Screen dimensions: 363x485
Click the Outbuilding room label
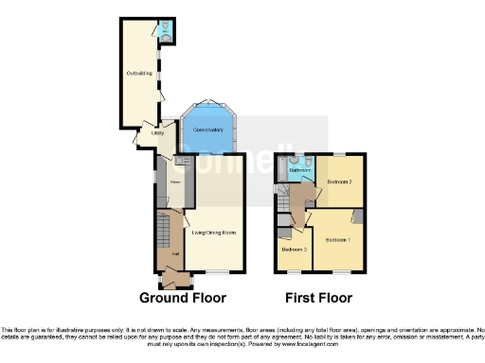tap(138, 72)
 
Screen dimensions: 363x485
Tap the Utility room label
tap(158, 134)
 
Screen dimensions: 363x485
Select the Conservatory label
tap(207, 130)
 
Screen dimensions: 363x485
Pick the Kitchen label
tap(175, 181)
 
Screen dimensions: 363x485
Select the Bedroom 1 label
tap(338, 240)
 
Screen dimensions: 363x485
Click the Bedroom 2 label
tap(339, 181)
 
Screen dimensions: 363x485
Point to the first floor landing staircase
tap(282, 197)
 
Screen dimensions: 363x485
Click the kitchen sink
tap(180, 162)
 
